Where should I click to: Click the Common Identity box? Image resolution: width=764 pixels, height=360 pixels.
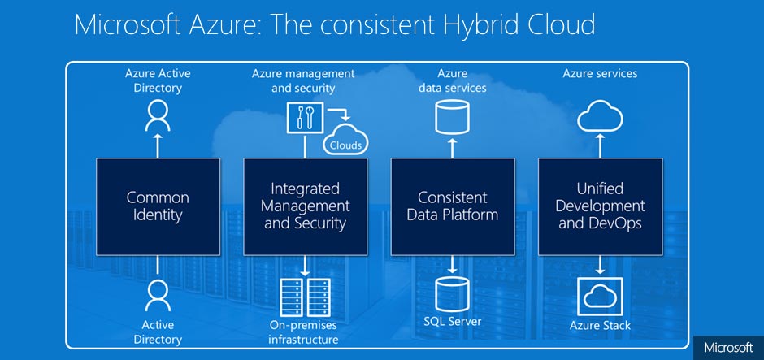coord(158,206)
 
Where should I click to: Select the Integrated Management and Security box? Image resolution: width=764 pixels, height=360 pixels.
coord(306,206)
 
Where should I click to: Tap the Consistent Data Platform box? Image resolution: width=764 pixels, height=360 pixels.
coord(453,206)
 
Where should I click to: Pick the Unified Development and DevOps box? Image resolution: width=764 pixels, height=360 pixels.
coord(600,206)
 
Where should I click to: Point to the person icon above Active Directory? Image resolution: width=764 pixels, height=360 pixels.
coord(158,296)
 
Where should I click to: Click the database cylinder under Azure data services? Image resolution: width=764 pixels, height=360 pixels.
coord(453,118)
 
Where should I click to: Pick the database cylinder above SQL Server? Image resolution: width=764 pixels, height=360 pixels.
coord(453,294)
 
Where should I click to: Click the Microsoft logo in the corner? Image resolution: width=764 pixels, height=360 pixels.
coord(729,347)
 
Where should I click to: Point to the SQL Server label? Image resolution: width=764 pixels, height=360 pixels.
coord(453,322)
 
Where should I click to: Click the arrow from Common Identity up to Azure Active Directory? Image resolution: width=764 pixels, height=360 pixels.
coord(158,145)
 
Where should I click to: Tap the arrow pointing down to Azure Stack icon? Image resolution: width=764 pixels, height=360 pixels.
coord(600,265)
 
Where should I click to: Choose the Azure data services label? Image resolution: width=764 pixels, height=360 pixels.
coord(453,80)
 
